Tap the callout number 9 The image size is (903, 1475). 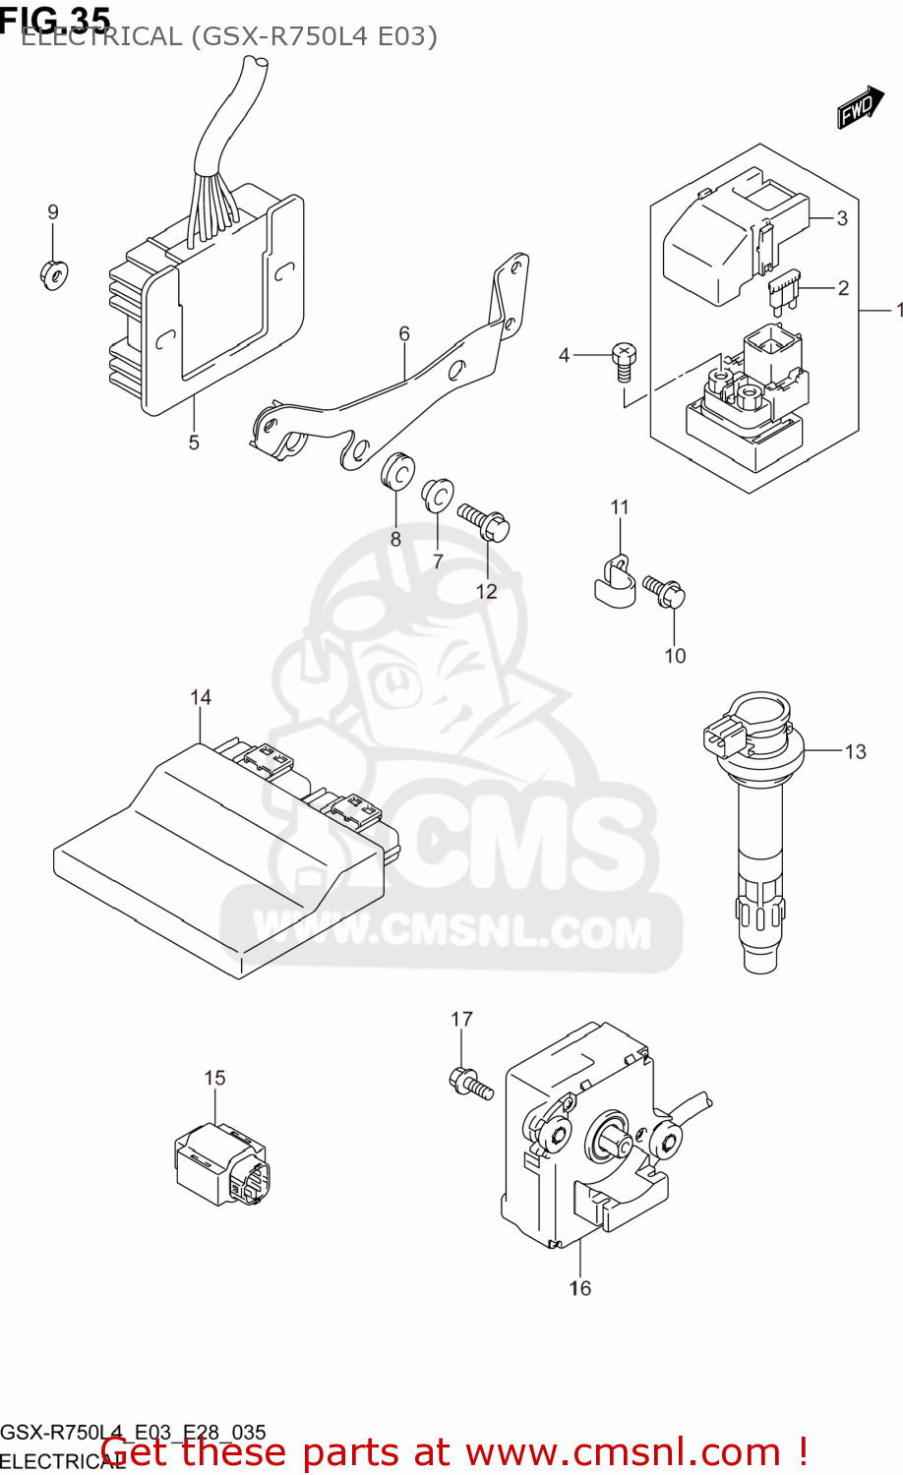tap(53, 212)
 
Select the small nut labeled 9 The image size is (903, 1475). tap(52, 274)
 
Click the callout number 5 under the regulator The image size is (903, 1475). tap(194, 442)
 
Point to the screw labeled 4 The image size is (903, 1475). tap(624, 361)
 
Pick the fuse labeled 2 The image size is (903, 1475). tap(785, 292)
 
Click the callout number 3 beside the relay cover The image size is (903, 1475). tap(842, 218)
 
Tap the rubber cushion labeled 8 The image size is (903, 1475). tap(396, 471)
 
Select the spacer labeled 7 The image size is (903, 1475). tap(437, 497)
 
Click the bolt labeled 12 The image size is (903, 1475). tap(483, 521)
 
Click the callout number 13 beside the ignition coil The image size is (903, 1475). tap(855, 752)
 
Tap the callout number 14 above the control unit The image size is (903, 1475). tap(201, 697)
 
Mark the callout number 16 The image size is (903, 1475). tap(580, 1288)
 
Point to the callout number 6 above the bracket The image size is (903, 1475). tap(404, 334)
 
